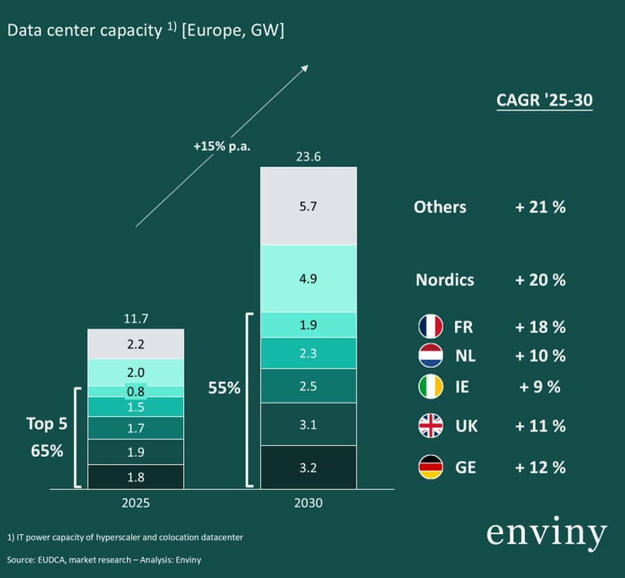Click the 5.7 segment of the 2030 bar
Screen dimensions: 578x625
point(308,206)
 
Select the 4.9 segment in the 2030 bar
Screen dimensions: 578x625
point(308,278)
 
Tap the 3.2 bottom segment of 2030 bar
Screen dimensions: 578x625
point(308,467)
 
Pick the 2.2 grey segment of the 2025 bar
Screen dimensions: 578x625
point(136,344)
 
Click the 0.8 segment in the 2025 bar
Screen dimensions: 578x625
point(136,391)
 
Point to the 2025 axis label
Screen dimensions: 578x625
point(135,503)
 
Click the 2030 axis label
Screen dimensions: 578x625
point(308,503)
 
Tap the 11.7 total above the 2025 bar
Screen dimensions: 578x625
point(136,319)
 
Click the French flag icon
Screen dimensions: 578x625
point(431,327)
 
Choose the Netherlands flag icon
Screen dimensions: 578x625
point(431,356)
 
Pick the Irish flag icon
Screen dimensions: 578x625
point(431,387)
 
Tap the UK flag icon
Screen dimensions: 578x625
point(431,426)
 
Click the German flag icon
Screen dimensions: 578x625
point(431,467)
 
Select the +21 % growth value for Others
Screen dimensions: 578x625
point(540,207)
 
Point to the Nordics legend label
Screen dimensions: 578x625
point(444,280)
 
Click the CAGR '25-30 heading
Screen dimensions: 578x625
point(544,100)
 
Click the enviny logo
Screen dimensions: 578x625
point(546,533)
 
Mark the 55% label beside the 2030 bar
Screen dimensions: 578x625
point(224,388)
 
